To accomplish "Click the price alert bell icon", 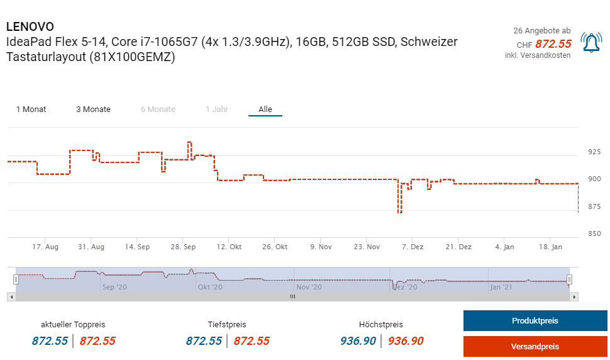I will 591,43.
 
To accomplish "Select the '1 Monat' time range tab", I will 31,110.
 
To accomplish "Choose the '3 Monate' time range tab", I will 93,110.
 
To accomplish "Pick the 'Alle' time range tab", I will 265,110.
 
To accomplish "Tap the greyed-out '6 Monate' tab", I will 158,110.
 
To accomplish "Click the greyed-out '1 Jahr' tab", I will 216,110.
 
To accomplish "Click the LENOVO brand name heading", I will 30,27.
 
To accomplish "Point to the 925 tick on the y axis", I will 594,152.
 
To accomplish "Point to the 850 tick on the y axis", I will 594,234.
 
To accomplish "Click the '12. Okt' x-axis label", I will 229,247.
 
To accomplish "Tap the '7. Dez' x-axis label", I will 413,247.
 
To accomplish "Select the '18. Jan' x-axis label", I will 551,247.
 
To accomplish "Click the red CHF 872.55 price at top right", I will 553,44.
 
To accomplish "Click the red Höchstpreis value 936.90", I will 406,341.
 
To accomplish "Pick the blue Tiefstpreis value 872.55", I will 204,341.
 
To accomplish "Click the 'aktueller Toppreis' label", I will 73,325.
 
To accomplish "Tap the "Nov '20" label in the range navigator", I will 308,287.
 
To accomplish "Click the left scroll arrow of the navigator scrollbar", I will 11,296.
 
